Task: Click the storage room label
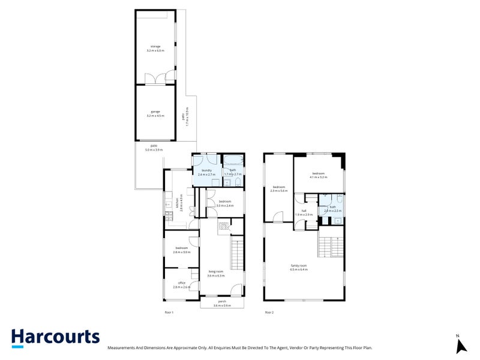(155, 49)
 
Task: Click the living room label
(215, 274)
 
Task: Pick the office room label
(181, 286)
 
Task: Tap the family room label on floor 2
(298, 268)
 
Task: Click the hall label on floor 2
(304, 212)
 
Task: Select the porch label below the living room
(222, 304)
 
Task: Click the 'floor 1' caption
(169, 313)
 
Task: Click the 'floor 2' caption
(269, 313)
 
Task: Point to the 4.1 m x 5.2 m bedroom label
(318, 175)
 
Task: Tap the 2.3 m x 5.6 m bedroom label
(280, 188)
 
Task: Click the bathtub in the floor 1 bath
(232, 161)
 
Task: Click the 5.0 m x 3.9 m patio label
(154, 148)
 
